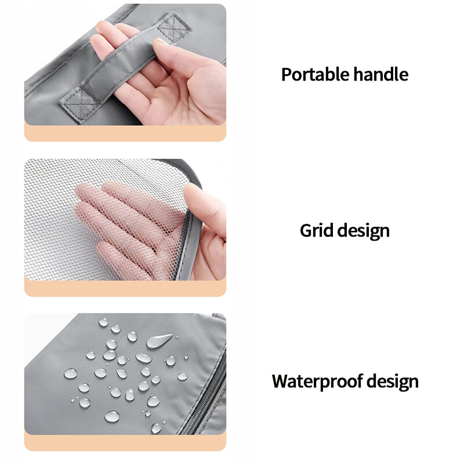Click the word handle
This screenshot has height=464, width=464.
click(x=381, y=74)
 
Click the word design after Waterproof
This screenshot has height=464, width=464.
click(x=393, y=382)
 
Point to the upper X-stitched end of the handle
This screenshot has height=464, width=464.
click(x=173, y=27)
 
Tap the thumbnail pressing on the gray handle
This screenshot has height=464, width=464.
click(x=159, y=41)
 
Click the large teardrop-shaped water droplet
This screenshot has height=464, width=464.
click(x=158, y=340)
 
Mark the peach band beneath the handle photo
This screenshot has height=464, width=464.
click(x=125, y=133)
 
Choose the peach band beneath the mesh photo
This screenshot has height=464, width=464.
click(x=125, y=288)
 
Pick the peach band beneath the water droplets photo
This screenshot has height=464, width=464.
click(x=125, y=443)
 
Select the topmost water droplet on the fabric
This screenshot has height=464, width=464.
click(x=103, y=322)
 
